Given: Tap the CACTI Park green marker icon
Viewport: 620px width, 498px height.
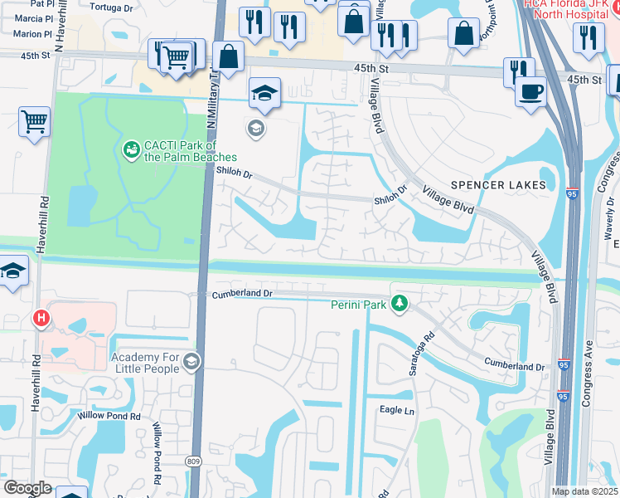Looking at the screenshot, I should coord(130,150).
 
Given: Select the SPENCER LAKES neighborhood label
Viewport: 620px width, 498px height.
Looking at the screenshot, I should coord(498,184).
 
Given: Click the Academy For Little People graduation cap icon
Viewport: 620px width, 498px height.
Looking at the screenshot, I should coord(191,361).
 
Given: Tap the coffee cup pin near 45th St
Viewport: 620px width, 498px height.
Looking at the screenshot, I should coord(530,90).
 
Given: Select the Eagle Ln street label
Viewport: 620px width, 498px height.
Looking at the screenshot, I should coord(395,410).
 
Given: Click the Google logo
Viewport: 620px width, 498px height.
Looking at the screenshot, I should coord(28,488).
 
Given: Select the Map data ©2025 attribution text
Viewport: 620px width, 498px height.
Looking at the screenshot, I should coord(584,491).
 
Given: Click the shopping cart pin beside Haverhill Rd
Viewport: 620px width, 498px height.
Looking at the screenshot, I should coord(35,122).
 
